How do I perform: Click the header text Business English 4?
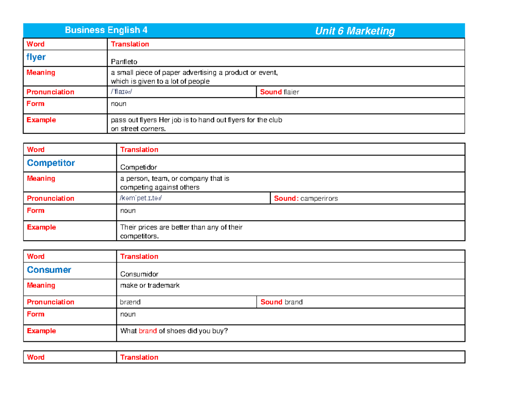pos(106,30)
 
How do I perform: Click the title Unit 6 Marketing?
pos(355,31)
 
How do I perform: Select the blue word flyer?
pos(36,57)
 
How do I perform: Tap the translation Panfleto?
pos(124,62)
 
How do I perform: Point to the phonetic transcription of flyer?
pos(124,92)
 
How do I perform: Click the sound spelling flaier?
pos(291,92)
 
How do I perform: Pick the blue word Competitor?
pos(51,163)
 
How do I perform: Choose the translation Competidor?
pos(138,167)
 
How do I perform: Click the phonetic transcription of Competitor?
pos(141,198)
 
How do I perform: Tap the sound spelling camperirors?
pos(319,199)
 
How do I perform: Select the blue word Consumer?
pos(49,270)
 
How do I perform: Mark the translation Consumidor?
pos(140,274)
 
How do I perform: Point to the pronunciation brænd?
pos(131,302)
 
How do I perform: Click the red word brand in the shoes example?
pos(148,331)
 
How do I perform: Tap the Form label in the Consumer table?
pos(35,314)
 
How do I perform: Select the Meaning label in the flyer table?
pos(41,72)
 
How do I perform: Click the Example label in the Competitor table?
pos(41,227)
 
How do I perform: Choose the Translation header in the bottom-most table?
pos(139,357)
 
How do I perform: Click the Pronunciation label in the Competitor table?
pos(50,198)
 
